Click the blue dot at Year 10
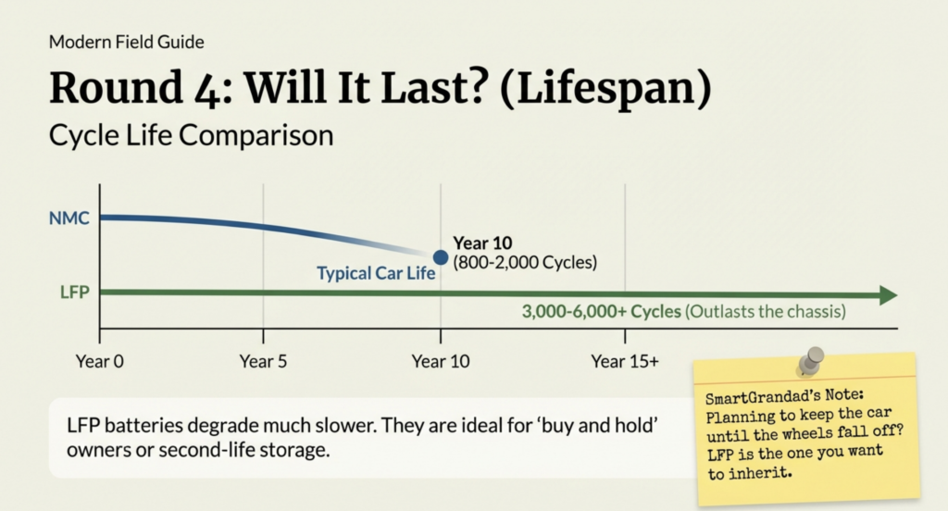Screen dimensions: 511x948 coord(440,257)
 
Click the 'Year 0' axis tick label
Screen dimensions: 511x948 coord(99,361)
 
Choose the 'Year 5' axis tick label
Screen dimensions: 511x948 coord(263,361)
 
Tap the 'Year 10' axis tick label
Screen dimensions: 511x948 coord(441,361)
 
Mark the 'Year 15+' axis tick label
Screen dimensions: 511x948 coord(625,361)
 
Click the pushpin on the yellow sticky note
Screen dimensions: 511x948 coord(814,359)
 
